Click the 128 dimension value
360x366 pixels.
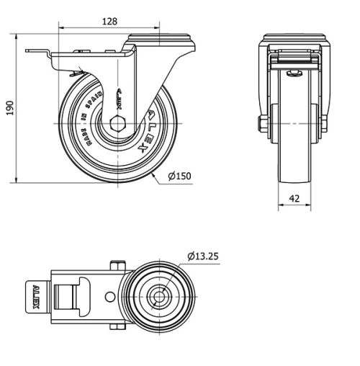coord(109,22)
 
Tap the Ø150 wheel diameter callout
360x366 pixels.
coord(180,175)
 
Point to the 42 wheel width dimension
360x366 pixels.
coord(294,199)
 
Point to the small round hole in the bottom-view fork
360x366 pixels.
coord(109,296)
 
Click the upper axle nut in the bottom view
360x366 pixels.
coord(114,267)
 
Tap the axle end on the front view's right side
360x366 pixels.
coord(324,125)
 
